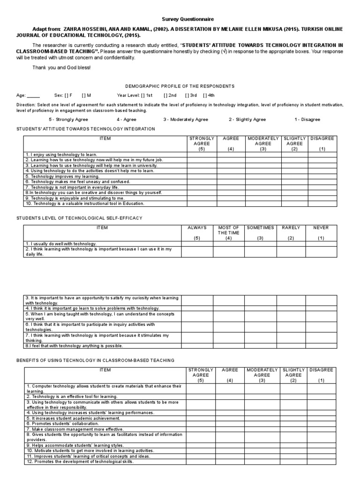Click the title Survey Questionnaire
(180, 20)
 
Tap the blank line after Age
(33, 95)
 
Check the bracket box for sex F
(66, 95)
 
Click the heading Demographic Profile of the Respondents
(179, 86)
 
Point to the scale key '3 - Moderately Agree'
(186, 120)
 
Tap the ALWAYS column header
(197, 228)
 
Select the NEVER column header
(321, 228)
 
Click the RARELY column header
(291, 228)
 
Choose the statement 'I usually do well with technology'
(61, 244)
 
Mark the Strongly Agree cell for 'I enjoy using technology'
(202, 154)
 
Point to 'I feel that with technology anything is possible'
(74, 345)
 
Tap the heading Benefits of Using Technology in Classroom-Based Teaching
(95, 360)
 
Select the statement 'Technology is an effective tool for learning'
(71, 396)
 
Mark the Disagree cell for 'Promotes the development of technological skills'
(322, 462)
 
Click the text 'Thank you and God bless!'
(61, 67)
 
